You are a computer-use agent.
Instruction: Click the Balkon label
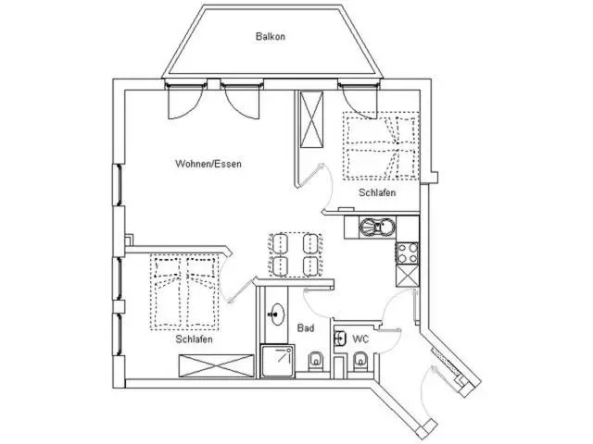pyautogui.click(x=270, y=37)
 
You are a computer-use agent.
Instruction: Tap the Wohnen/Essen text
pyautogui.click(x=208, y=164)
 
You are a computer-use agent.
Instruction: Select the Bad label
pyautogui.click(x=306, y=328)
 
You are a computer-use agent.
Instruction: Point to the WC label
pyautogui.click(x=360, y=339)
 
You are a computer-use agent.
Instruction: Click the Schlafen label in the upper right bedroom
pyautogui.click(x=377, y=192)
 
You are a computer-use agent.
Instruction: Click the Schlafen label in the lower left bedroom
pyautogui.click(x=194, y=339)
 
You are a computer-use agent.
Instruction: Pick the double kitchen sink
pyautogui.click(x=377, y=228)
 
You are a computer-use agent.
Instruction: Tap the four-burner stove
pyautogui.click(x=408, y=253)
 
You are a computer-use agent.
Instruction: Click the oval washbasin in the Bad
pyautogui.click(x=277, y=314)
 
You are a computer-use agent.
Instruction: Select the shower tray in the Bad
pyautogui.click(x=278, y=361)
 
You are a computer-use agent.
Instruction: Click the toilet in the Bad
pyautogui.click(x=315, y=362)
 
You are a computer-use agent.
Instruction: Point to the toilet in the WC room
pyautogui.click(x=360, y=362)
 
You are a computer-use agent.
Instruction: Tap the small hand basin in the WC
pyautogui.click(x=340, y=339)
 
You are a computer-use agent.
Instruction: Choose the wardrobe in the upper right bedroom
pyautogui.click(x=311, y=119)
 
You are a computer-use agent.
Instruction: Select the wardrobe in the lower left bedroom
pyautogui.click(x=216, y=366)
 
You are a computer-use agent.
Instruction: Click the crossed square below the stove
pyautogui.click(x=408, y=276)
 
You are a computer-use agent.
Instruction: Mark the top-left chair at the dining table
pyautogui.click(x=280, y=243)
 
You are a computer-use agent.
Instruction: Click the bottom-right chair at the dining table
pyautogui.click(x=312, y=265)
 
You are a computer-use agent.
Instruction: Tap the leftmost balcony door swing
pyautogui.click(x=183, y=101)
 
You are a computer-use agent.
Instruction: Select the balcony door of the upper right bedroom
pyautogui.click(x=360, y=99)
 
